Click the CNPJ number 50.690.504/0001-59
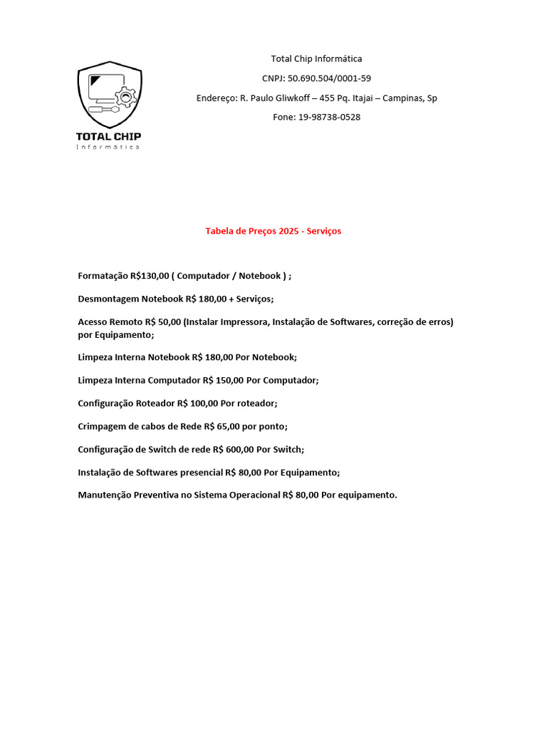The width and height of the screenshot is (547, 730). (x=329, y=78)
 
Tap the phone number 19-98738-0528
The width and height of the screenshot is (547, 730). (x=329, y=117)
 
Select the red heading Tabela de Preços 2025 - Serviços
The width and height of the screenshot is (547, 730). (x=273, y=231)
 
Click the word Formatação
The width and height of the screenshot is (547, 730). (x=103, y=276)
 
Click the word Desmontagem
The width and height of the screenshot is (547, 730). (x=108, y=299)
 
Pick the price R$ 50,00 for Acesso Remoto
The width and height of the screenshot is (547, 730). (x=163, y=322)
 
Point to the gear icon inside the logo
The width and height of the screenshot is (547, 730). (x=126, y=96)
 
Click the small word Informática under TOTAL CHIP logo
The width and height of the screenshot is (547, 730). (x=108, y=148)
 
